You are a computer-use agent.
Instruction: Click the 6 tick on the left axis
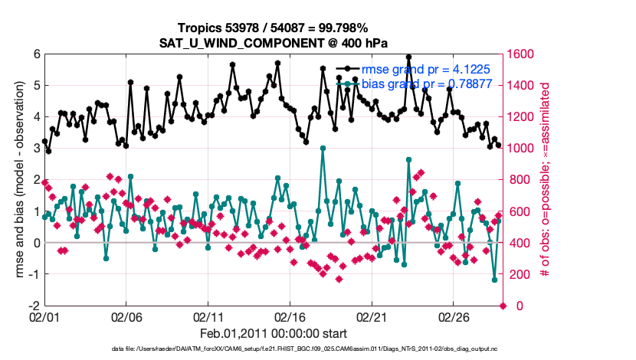tap(36, 54)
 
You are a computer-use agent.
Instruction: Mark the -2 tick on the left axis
tap(34, 306)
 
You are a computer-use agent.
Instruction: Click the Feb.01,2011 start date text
tap(274, 334)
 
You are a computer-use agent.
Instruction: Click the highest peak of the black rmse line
tap(408, 57)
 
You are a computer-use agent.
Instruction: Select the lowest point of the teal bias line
tap(494, 280)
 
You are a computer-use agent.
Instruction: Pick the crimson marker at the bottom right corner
tap(503, 306)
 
